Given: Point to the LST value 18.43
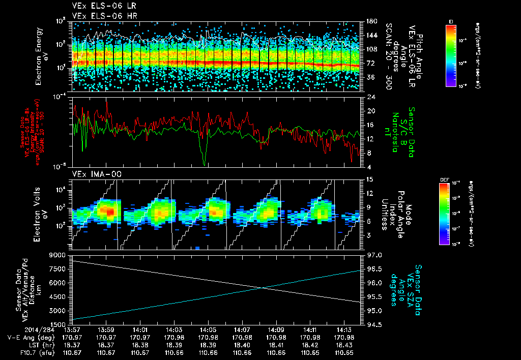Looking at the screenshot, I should click(344, 344).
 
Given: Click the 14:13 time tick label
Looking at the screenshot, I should click(344, 330).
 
